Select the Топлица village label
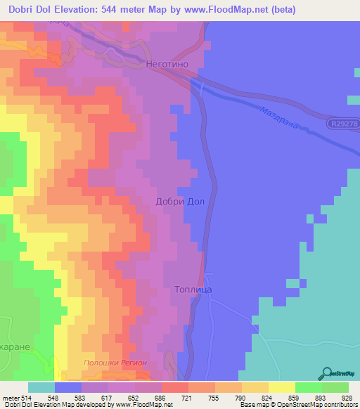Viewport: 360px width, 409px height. coord(193,289)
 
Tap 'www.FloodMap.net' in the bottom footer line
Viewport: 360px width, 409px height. coord(149,405)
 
